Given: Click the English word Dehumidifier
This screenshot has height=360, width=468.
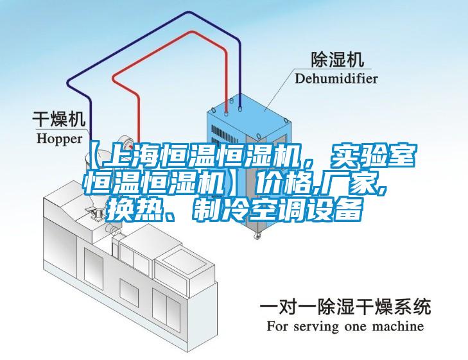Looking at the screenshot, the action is click(x=336, y=79).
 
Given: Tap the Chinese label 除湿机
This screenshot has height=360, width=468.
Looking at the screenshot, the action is click(x=338, y=59).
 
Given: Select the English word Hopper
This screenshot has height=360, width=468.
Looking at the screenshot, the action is click(x=60, y=139).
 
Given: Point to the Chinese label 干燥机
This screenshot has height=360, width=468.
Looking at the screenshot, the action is click(x=59, y=119).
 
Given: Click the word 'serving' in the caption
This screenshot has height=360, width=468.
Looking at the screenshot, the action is click(x=316, y=327).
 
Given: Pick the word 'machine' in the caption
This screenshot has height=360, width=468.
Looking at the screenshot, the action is click(x=398, y=326).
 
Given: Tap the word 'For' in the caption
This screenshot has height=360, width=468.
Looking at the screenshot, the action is click(x=278, y=326).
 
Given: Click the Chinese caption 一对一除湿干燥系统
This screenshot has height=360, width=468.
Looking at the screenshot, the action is click(x=345, y=307).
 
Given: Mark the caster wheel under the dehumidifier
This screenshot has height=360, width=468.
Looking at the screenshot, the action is click(x=257, y=236).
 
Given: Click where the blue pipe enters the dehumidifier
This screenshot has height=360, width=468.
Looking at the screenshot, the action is click(x=240, y=107).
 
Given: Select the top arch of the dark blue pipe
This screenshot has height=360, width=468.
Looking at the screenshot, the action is click(x=189, y=13).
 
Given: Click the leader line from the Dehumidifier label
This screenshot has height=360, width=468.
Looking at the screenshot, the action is click(x=279, y=89).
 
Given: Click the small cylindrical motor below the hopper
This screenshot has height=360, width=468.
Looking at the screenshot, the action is click(x=112, y=229).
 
